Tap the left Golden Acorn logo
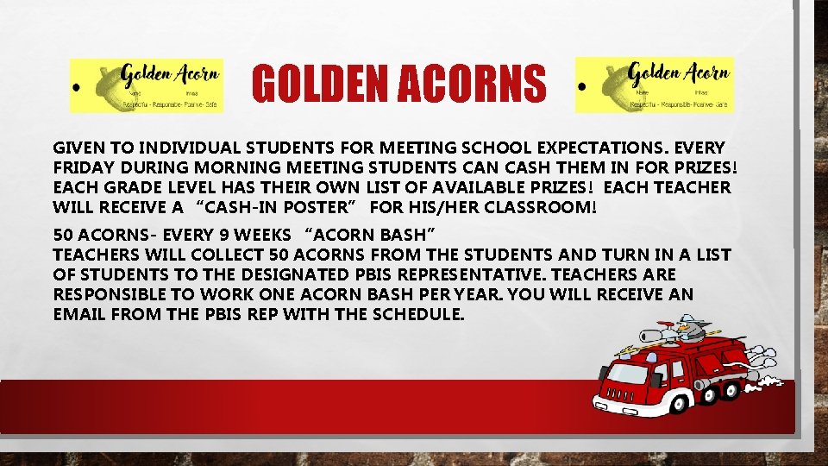tap(147, 85)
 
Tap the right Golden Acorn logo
tap(655, 85)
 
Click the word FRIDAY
tap(85, 167)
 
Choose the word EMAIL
tap(78, 315)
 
